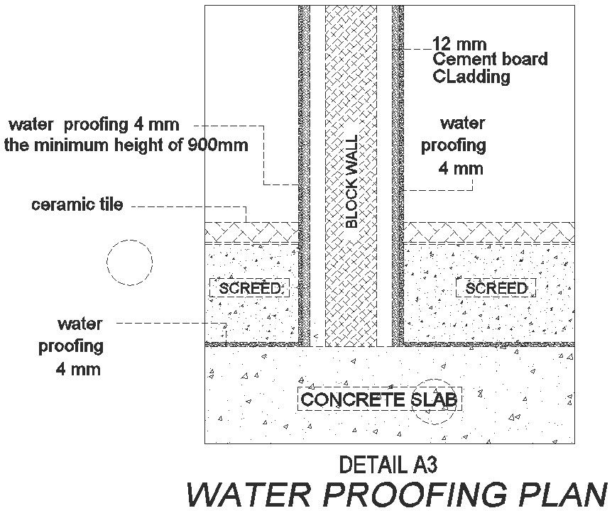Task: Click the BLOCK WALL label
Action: [x=351, y=181]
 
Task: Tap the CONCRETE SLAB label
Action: [x=379, y=399]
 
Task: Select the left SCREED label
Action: [x=250, y=288]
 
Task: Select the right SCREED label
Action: [x=496, y=288]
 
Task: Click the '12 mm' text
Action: [x=459, y=44]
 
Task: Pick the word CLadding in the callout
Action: [x=471, y=77]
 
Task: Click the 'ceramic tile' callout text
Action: [x=77, y=206]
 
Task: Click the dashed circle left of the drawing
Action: [x=129, y=262]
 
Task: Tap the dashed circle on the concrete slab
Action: [x=432, y=405]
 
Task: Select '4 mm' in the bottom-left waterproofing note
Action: [x=78, y=369]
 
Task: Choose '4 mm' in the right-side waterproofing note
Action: [x=461, y=168]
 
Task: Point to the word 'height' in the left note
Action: [x=140, y=145]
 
